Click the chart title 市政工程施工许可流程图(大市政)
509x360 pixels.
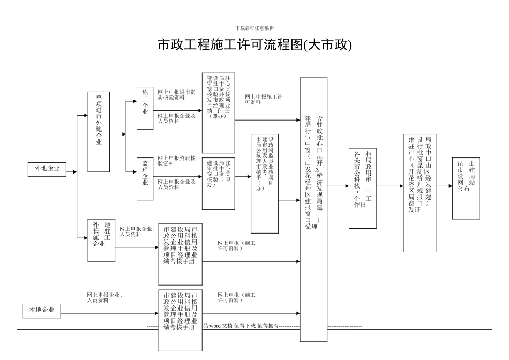[254, 45]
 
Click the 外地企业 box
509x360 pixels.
[47, 169]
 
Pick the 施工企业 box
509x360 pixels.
[145, 108]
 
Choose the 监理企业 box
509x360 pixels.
[145, 173]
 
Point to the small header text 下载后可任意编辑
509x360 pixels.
[254, 28]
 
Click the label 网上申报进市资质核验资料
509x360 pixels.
[176, 95]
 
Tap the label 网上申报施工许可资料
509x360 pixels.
[264, 99]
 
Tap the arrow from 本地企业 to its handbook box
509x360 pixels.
[109, 311]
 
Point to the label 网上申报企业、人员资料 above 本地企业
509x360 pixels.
[105, 297]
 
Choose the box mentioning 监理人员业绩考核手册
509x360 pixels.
[264, 183]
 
